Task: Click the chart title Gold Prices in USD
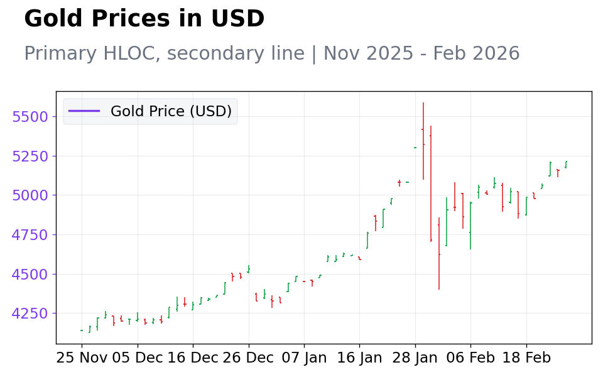coord(144,18)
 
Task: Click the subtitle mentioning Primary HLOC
coord(272,53)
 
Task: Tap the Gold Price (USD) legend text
coord(171,111)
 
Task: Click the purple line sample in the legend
coord(84,111)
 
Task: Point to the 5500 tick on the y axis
coord(30,117)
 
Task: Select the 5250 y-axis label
coord(30,156)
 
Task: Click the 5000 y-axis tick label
coord(30,195)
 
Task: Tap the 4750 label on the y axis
coord(30,234)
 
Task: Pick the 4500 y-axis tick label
coord(30,275)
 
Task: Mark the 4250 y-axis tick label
coord(30,314)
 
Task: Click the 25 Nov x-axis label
coord(82,358)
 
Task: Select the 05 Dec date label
coord(138,358)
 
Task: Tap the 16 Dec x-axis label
coord(193,358)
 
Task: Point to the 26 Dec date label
coord(249,358)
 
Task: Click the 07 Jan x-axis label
coord(304,358)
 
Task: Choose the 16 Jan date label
coord(359,358)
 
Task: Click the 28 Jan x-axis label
coord(415,358)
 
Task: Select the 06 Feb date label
coord(470,358)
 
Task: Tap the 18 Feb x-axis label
coord(526,358)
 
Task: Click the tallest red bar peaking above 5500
coord(423,141)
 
